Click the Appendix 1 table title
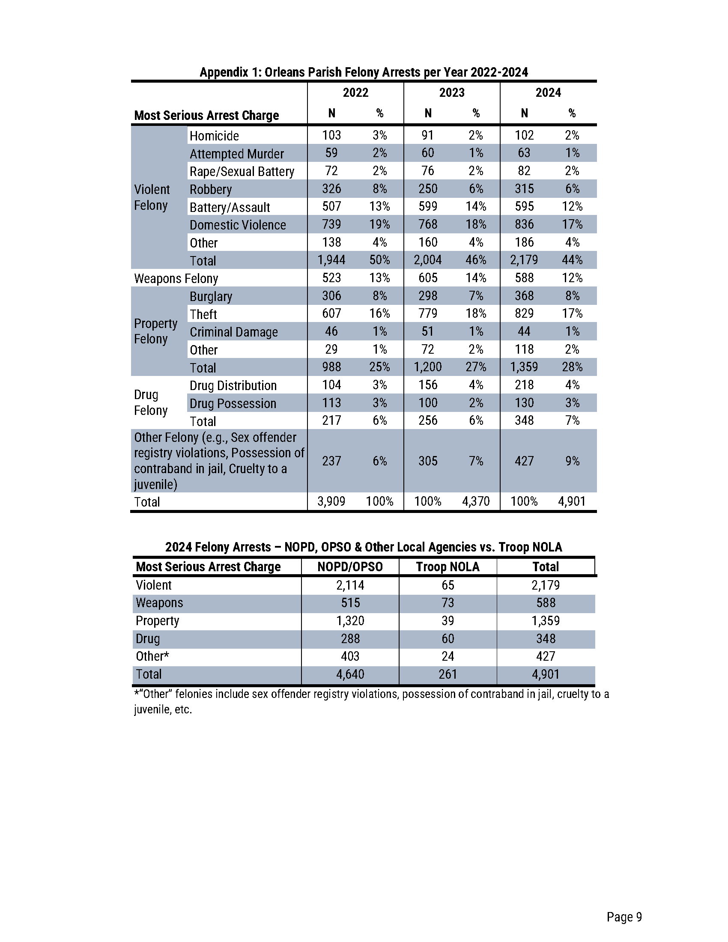364,72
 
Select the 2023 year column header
451,93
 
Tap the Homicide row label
214,136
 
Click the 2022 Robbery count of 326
331,189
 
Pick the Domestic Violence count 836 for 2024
524,224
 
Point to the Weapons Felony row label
176,279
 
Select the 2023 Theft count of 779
428,313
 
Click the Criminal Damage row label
234,332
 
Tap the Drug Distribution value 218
524,385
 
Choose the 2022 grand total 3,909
331,501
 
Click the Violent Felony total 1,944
331,260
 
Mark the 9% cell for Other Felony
572,461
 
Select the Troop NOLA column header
448,567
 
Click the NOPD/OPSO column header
350,567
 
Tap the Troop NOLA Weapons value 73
448,603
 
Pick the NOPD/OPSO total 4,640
350,674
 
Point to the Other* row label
152,656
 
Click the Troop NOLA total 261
448,674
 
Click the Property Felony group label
156,331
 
